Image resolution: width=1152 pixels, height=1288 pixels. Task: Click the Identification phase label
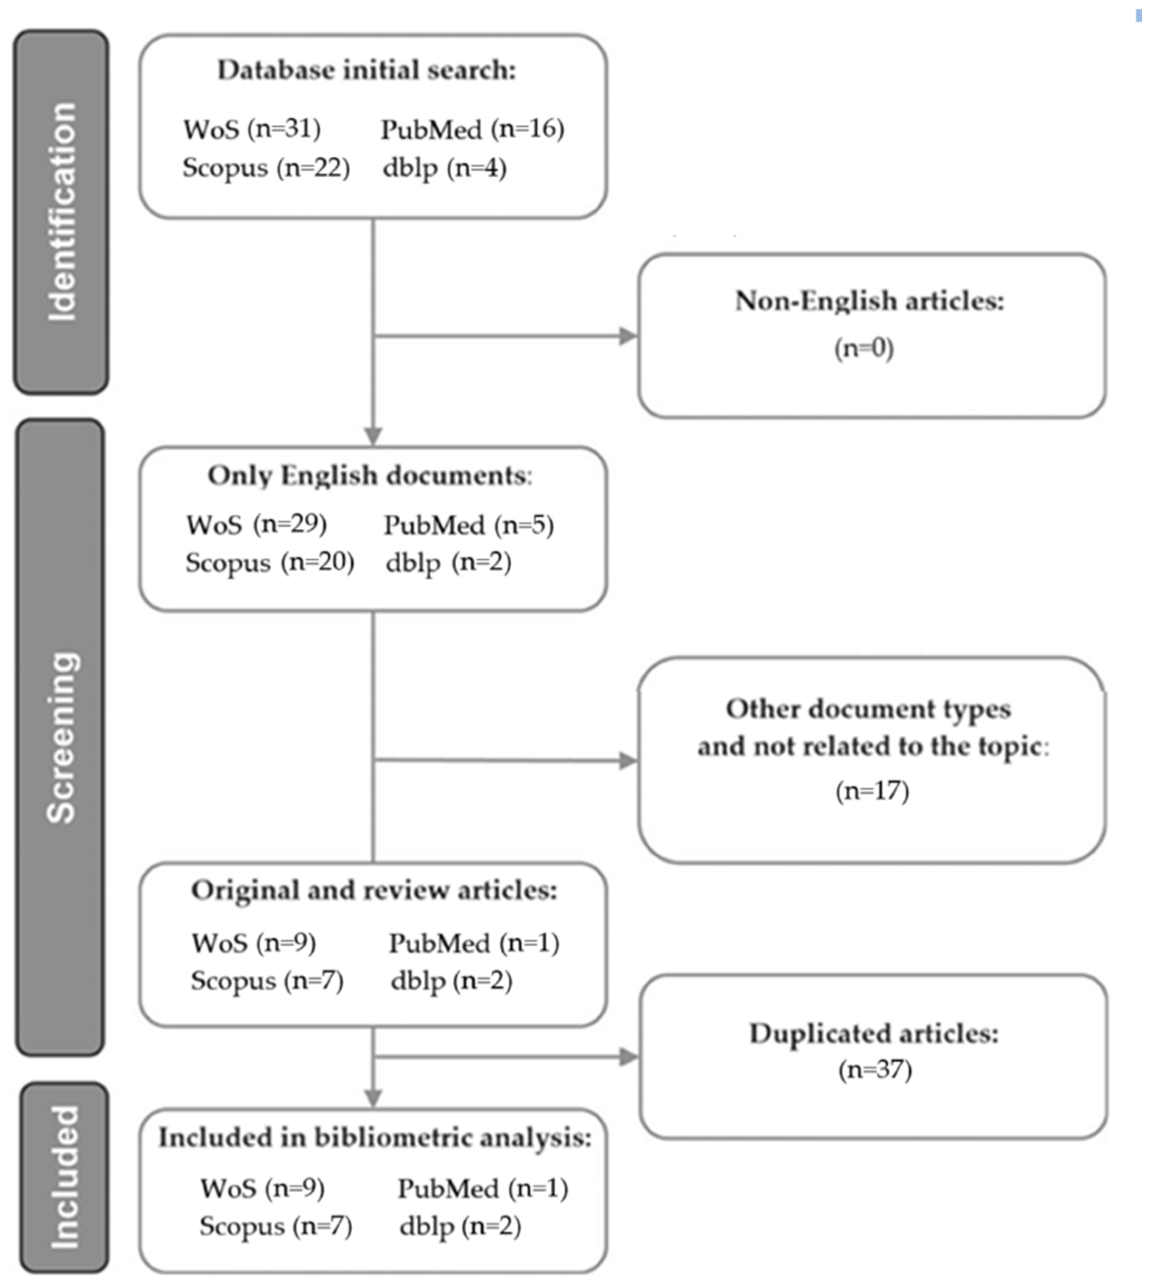[x=61, y=212]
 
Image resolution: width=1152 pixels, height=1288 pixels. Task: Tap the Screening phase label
[x=61, y=737]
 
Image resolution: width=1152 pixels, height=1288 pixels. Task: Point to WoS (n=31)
[x=252, y=129]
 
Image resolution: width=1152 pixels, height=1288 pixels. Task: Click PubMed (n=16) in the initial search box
[x=472, y=129]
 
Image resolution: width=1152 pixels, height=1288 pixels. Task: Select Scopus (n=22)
[x=266, y=168]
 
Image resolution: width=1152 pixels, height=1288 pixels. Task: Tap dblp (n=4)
[x=444, y=168]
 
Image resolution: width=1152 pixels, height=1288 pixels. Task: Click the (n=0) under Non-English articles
[x=863, y=348]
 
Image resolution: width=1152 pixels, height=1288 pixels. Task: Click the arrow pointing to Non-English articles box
[x=627, y=336]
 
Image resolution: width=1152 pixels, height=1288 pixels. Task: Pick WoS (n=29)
[x=256, y=525]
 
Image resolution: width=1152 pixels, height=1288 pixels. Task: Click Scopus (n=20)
[x=269, y=562]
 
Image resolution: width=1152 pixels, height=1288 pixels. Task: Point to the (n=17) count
[x=872, y=791]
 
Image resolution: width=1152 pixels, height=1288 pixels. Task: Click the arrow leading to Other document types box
[x=627, y=761]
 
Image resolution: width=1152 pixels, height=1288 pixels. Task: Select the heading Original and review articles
[x=374, y=890]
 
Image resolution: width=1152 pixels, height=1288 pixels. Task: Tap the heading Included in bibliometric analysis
[x=375, y=1137]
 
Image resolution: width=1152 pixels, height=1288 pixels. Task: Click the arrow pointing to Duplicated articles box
[x=628, y=1056]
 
